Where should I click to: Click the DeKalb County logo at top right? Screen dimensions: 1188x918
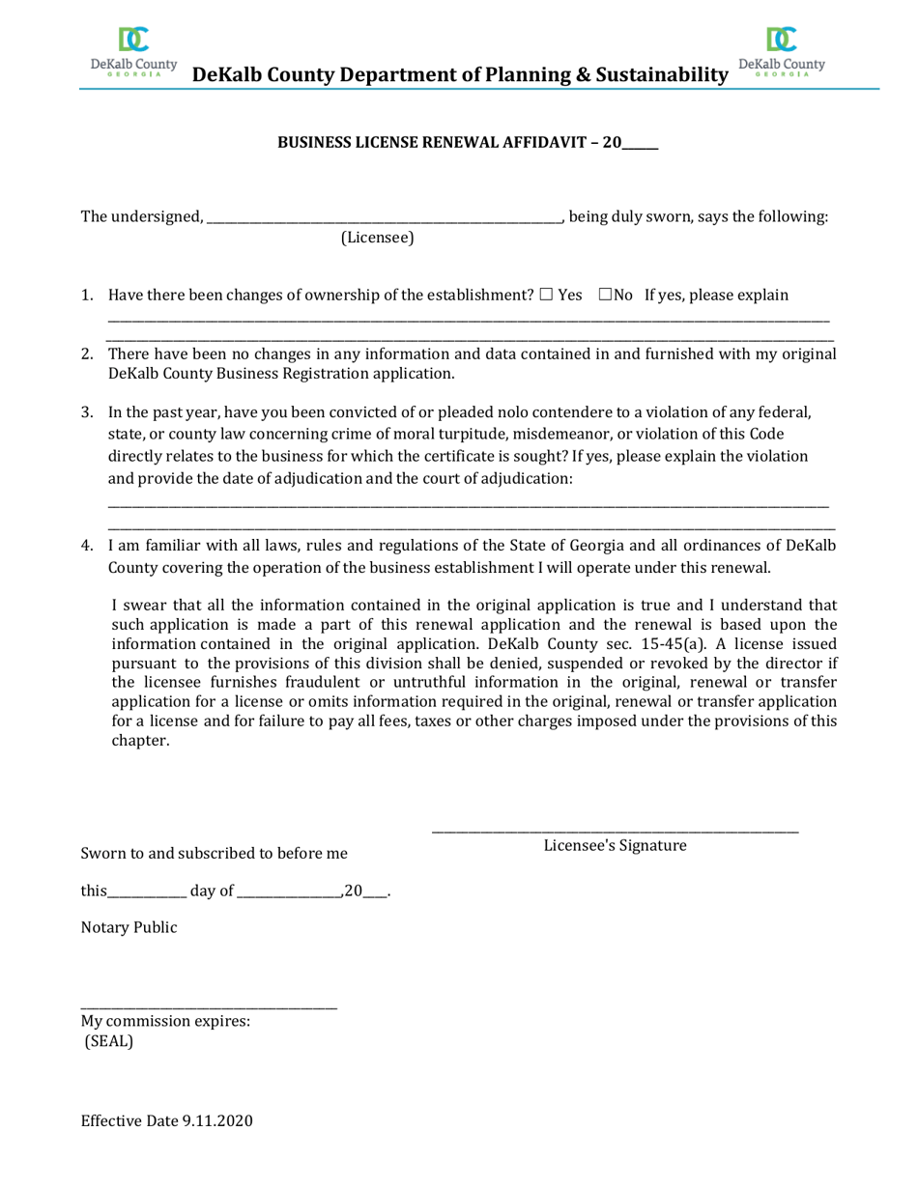click(x=781, y=49)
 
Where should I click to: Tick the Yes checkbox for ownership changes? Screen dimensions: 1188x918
click(x=547, y=295)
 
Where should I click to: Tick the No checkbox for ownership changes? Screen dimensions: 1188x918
click(x=605, y=295)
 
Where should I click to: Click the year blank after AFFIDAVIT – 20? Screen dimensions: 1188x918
click(x=640, y=143)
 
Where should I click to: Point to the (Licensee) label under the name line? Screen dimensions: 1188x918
click(x=377, y=238)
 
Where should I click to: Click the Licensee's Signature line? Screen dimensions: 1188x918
click(x=615, y=830)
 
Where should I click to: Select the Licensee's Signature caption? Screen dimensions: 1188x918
click(x=615, y=846)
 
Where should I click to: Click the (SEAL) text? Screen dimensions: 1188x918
click(x=108, y=1041)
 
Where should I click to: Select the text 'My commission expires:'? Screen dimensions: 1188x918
click(x=166, y=1021)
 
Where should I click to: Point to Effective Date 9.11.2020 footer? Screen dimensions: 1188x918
click(x=166, y=1121)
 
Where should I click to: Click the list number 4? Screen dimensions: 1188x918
click(x=87, y=547)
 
